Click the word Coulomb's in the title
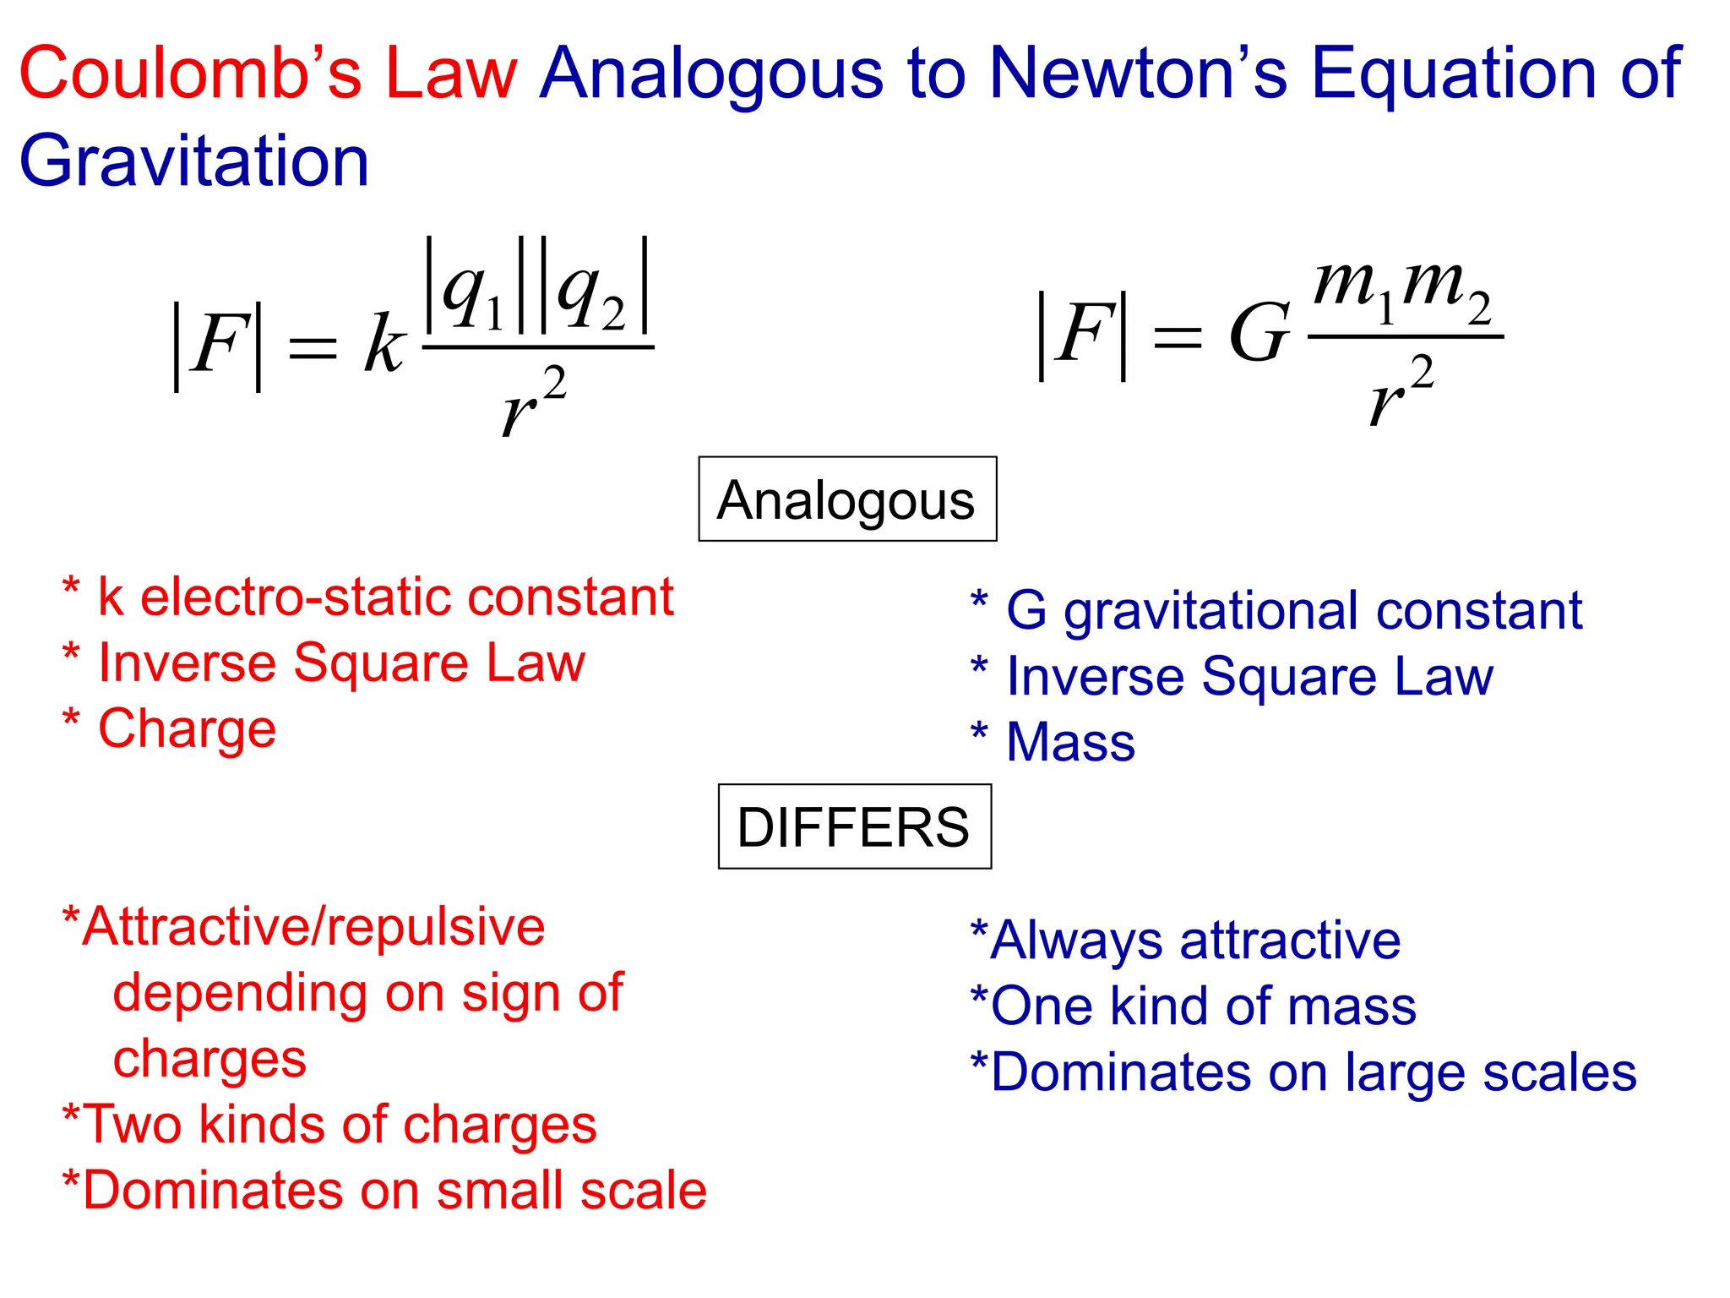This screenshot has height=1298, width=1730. click(x=190, y=74)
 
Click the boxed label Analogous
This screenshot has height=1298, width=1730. click(x=846, y=499)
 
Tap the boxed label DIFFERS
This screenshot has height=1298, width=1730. click(x=853, y=826)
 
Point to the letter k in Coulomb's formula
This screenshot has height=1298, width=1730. click(x=384, y=345)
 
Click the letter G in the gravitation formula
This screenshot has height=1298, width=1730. click(x=1259, y=335)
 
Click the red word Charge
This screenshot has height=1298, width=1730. click(x=188, y=728)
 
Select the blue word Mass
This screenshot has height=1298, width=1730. click(x=1071, y=742)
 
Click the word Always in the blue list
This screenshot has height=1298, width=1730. click(x=1078, y=940)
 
